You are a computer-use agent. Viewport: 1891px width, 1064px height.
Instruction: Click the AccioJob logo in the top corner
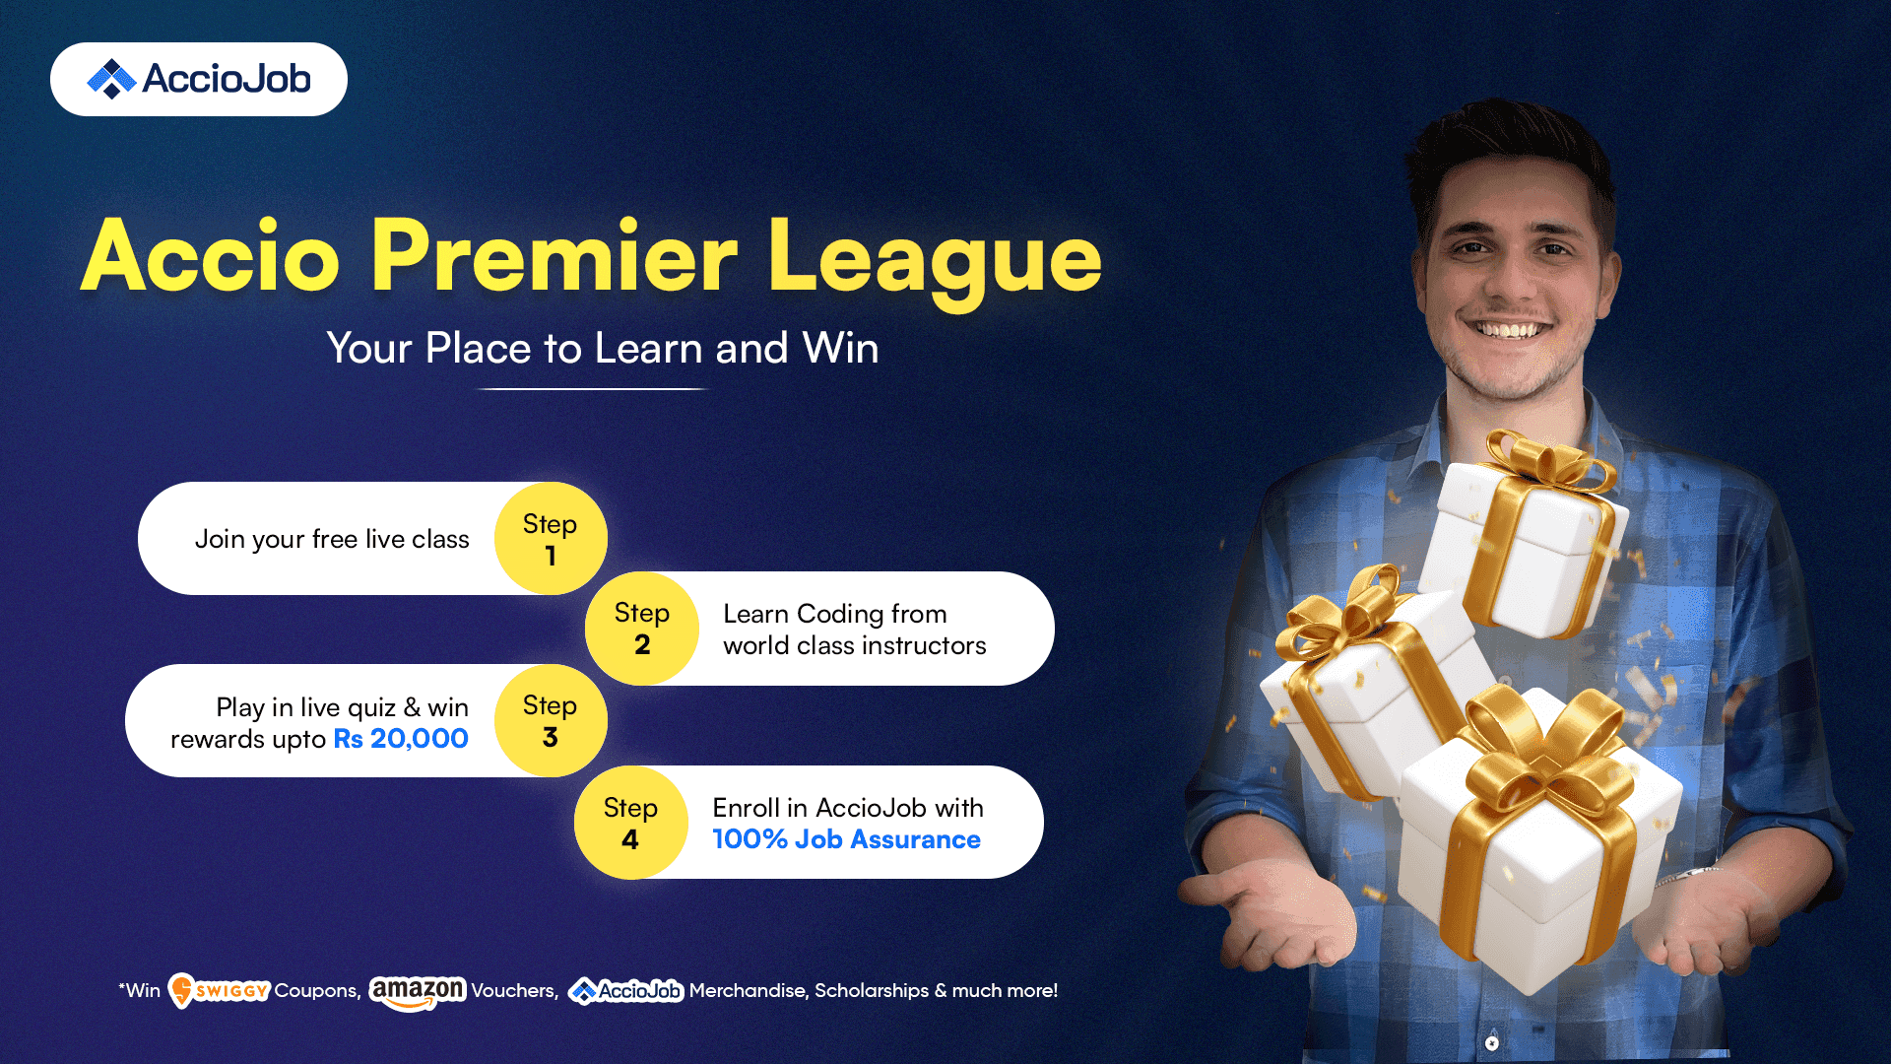click(199, 79)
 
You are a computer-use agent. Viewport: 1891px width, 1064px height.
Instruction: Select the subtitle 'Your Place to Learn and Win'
click(603, 348)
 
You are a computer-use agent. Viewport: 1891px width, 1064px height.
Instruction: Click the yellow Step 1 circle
click(551, 538)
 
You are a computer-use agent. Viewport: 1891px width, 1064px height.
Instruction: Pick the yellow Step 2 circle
click(642, 629)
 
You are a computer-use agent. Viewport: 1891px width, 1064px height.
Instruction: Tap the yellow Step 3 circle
click(551, 720)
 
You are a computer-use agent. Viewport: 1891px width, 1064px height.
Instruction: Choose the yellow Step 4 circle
click(630, 823)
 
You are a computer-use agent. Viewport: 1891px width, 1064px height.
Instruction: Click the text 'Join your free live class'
click(332, 540)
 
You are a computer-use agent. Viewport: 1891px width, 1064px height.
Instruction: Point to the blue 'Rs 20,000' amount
click(401, 739)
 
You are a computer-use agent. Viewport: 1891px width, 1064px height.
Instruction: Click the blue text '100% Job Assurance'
click(846, 839)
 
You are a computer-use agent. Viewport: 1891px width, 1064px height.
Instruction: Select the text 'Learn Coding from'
click(835, 614)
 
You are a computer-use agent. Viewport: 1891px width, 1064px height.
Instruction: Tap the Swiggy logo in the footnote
click(219, 990)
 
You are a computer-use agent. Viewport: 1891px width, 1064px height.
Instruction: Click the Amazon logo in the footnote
click(418, 992)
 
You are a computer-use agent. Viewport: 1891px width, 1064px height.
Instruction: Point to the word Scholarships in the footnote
click(872, 991)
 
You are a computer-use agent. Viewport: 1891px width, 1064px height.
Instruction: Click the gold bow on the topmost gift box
click(1548, 463)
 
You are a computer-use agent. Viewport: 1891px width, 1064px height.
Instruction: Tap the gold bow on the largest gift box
click(1543, 749)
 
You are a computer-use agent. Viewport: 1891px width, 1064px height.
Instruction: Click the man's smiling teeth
click(1508, 330)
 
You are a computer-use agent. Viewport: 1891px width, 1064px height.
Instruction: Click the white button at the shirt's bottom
click(1492, 1042)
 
